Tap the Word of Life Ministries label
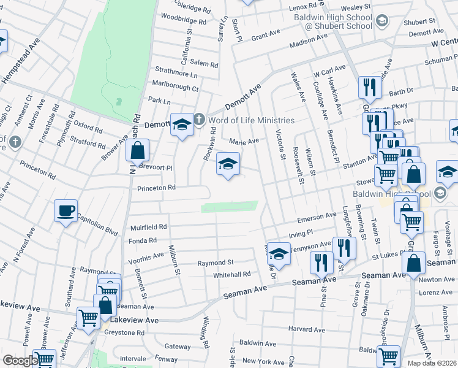pyautogui.click(x=250, y=120)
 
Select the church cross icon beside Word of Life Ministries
pyautogui.click(x=199, y=119)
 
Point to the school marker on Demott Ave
pyautogui.click(x=182, y=125)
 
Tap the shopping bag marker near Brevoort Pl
pyautogui.click(x=138, y=151)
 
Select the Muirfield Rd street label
pyautogui.click(x=149, y=227)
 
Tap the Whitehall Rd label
pyautogui.click(x=232, y=275)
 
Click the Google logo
pyautogui.click(x=20, y=361)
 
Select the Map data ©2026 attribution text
pyautogui.click(x=432, y=363)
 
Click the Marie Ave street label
pyautogui.click(x=244, y=141)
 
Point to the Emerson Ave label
pyautogui.click(x=317, y=217)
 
